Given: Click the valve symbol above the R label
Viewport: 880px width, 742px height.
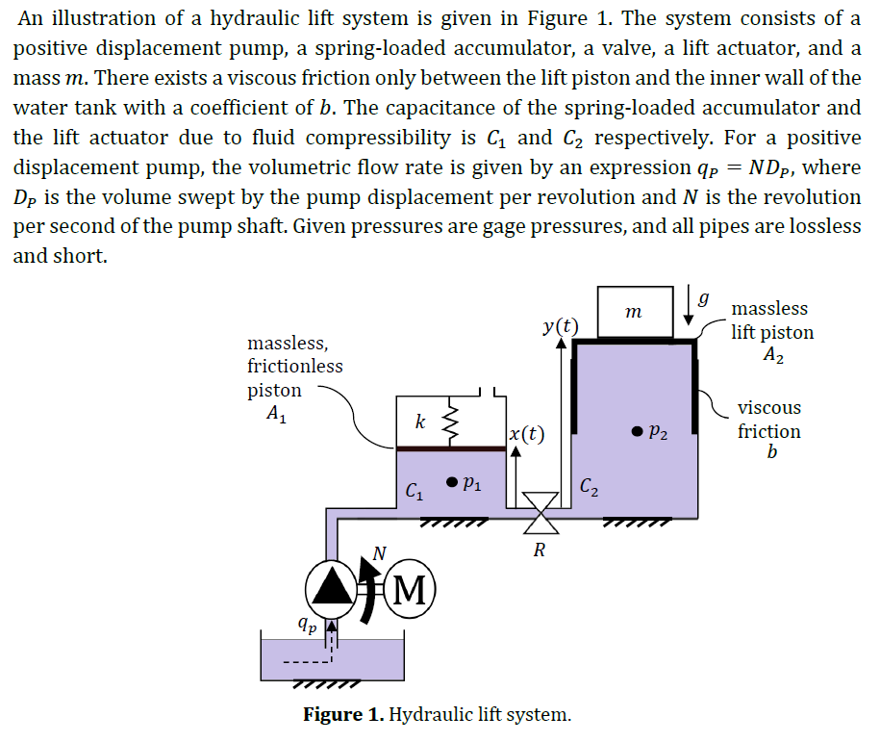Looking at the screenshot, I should tap(540, 512).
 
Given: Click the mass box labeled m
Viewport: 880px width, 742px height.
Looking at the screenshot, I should tap(633, 312).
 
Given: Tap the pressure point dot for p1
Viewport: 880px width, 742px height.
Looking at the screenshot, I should tap(448, 482).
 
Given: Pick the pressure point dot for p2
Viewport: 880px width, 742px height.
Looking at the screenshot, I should tap(637, 432).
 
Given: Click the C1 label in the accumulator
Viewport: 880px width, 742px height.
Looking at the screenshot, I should tap(414, 493).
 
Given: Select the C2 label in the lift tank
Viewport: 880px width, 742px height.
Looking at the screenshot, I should tap(591, 488).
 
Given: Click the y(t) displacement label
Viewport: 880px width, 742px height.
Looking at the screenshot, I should tap(560, 325).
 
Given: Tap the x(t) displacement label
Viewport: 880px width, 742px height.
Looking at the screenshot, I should tap(526, 434).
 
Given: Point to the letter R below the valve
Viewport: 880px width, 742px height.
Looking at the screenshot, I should tap(540, 551).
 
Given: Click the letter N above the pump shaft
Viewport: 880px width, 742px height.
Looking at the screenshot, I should tap(379, 552).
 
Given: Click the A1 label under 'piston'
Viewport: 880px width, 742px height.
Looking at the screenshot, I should tap(275, 416).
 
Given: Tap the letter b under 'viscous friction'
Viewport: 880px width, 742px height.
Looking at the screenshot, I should tap(770, 451).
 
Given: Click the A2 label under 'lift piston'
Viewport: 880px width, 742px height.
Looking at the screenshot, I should tap(773, 355).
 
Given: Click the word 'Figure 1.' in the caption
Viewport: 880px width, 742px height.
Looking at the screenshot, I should tap(343, 715).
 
